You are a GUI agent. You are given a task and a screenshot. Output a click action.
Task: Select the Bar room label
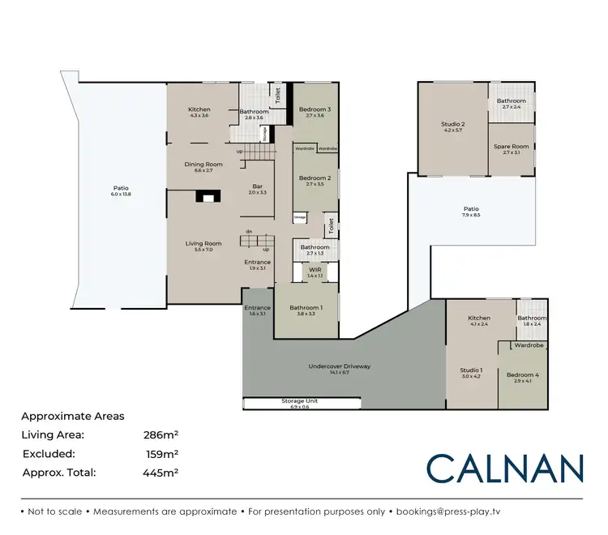point(258,189)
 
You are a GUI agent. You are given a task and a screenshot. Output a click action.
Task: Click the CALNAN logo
point(505,468)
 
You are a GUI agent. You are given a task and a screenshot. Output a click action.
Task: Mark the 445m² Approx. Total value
point(161,472)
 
